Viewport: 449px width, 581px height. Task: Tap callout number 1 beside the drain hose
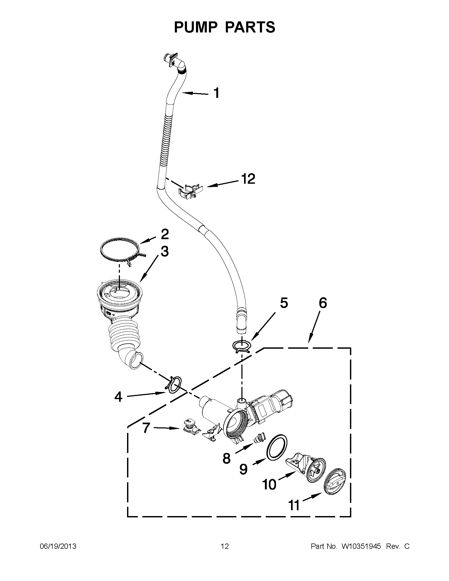(x=217, y=93)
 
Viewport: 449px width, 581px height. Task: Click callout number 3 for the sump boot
(x=165, y=251)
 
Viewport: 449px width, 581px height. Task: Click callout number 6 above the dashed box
(x=322, y=303)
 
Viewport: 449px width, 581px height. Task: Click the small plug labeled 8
(x=258, y=438)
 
